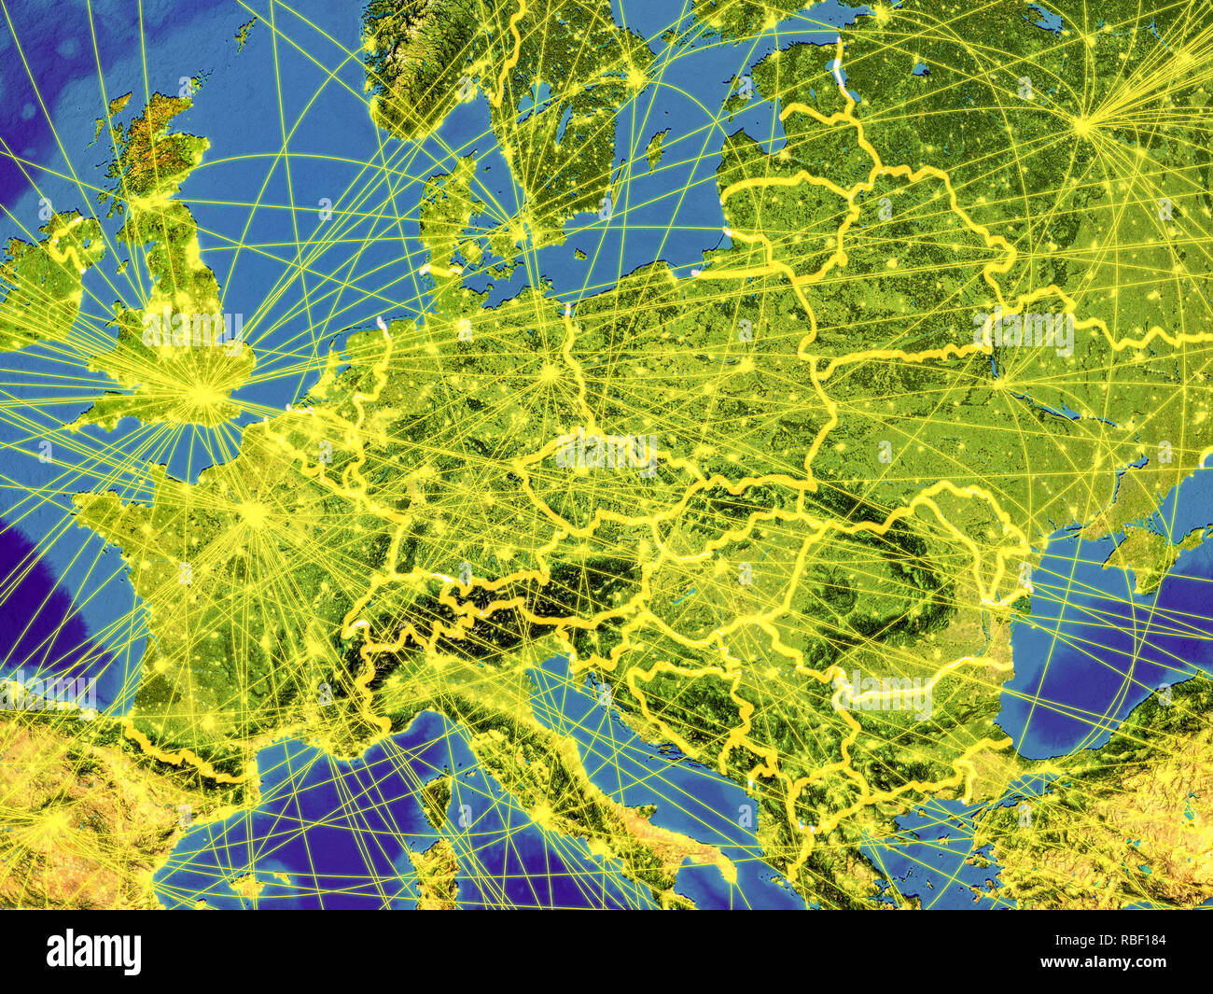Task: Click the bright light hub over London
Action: pyautogui.click(x=199, y=393)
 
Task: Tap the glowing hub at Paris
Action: pyautogui.click(x=253, y=512)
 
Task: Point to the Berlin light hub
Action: pyautogui.click(x=550, y=375)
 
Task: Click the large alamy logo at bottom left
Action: pyautogui.click(x=94, y=952)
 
